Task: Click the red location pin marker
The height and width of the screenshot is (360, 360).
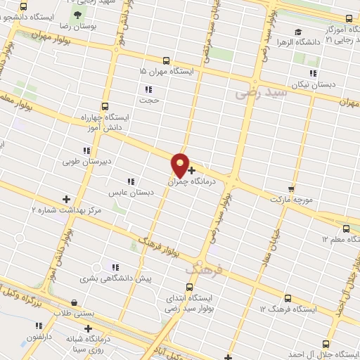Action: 181,165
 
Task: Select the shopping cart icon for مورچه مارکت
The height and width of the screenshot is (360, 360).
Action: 291,189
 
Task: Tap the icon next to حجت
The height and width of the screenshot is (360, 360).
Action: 148,89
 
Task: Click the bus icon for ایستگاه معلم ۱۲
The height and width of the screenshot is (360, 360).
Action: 345,229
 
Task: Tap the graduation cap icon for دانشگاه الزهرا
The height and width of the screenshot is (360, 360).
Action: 298,32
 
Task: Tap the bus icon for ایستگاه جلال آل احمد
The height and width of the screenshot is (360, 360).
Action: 325,343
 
